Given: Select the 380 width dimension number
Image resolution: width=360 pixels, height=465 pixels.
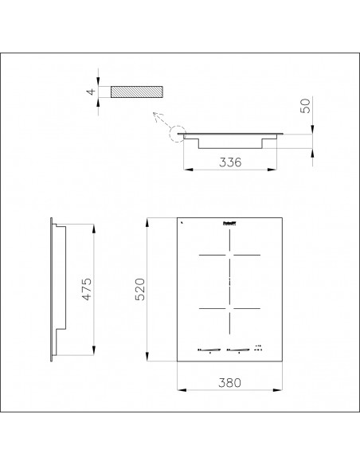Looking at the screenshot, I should click(229, 381).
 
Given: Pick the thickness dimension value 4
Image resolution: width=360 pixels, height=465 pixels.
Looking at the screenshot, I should click(92, 92).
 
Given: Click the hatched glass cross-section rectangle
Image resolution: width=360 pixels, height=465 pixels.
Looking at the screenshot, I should click(137, 92).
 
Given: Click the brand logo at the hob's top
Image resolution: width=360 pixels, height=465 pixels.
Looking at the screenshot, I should click(229, 225).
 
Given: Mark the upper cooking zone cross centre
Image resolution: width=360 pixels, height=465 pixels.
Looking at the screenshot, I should click(229, 255).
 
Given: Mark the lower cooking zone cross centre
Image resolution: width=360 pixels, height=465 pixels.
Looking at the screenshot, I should click(229, 308).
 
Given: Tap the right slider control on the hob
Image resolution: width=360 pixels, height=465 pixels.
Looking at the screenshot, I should click(239, 348).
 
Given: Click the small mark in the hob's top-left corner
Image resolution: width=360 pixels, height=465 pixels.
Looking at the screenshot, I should click(181, 224).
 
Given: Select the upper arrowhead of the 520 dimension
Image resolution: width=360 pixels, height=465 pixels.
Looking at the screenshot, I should click(148, 221).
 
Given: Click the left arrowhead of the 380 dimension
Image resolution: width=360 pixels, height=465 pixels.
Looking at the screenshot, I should click(177, 390).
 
